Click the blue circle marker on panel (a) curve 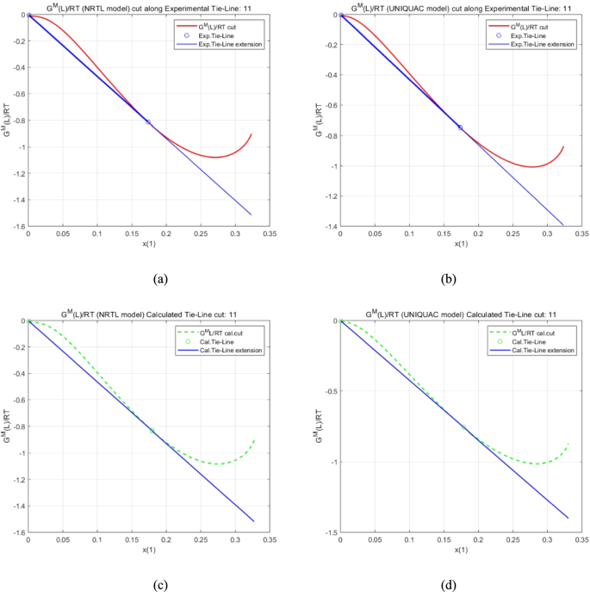click(148, 122)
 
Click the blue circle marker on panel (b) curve click(460, 128)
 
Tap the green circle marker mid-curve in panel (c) click(152, 431)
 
